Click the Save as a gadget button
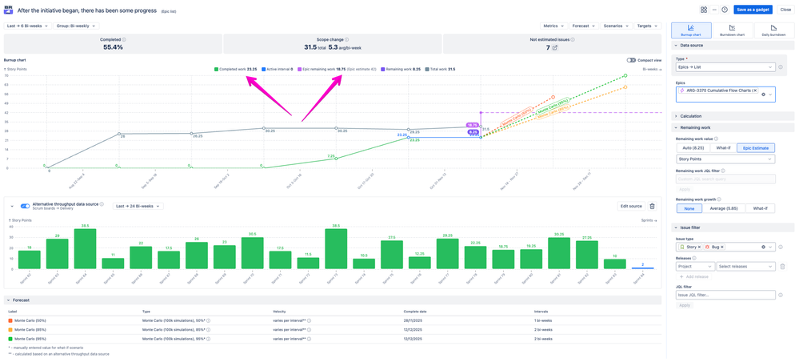tap(753, 10)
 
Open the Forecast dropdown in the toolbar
tap(583, 26)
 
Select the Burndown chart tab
tap(732, 30)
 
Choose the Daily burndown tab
tap(773, 30)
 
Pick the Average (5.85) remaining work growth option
tap(725, 208)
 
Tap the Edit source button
tap(630, 206)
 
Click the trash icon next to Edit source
tap(652, 206)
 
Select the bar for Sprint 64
tap(86, 248)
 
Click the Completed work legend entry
tap(236, 70)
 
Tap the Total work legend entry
tap(441, 70)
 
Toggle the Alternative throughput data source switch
tap(25, 206)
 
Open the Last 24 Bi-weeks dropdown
tap(137, 206)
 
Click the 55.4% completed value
tap(113, 47)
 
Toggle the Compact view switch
tap(631, 60)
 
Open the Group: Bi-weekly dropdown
tap(75, 26)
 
